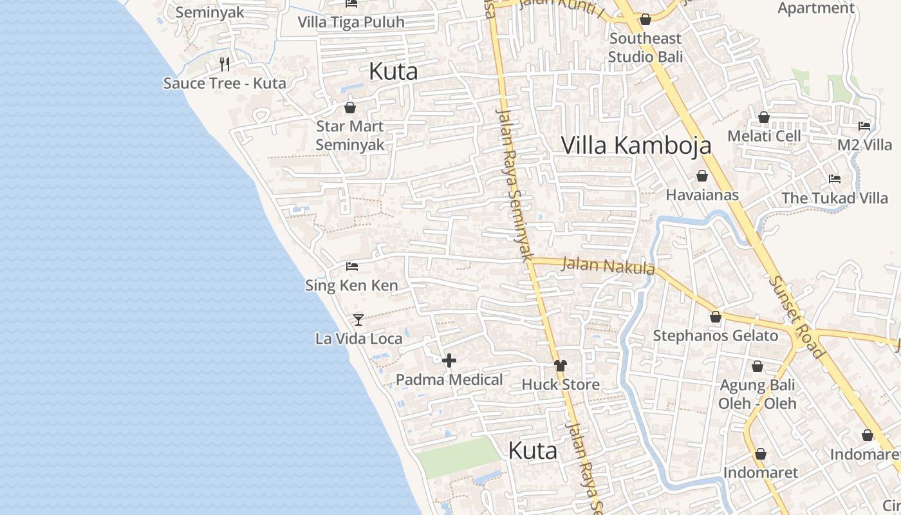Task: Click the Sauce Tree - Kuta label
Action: pos(225,83)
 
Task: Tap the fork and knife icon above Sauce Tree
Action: pos(225,64)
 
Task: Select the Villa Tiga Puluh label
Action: pos(351,22)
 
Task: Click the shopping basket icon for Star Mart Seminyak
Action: pos(350,107)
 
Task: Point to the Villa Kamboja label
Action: pos(636,145)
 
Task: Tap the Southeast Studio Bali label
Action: pos(646,47)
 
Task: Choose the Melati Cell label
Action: pos(764,136)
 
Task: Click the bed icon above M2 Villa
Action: pos(864,126)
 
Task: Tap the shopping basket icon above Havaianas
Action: pos(702,176)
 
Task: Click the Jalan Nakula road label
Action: pos(608,265)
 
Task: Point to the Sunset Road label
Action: pos(796,317)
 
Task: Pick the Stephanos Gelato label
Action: pos(715,335)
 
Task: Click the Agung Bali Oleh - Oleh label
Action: pos(757,394)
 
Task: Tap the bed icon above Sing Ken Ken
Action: pos(351,266)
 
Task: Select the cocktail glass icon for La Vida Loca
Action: pos(358,319)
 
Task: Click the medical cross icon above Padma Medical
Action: pos(449,360)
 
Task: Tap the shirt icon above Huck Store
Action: pos(561,366)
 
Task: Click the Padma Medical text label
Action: pos(449,380)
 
